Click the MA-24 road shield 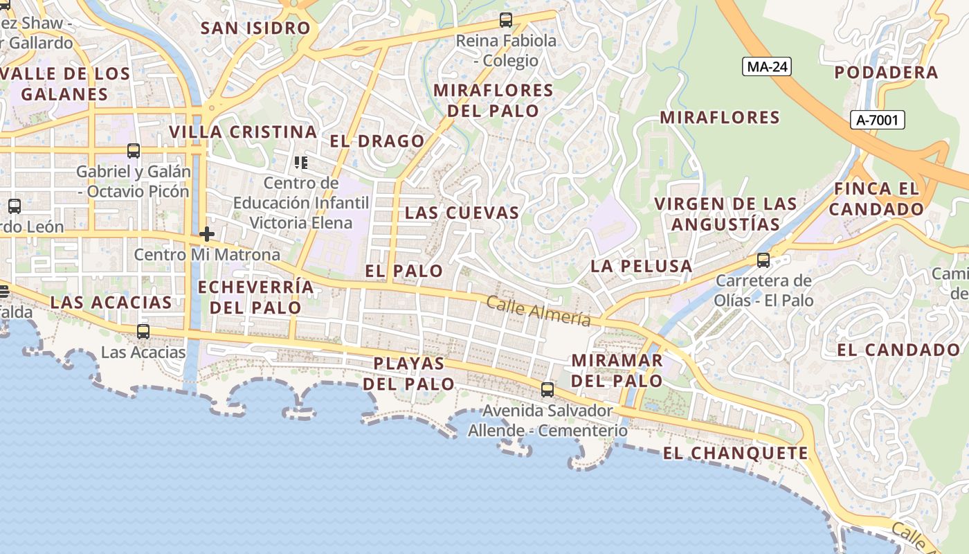(x=766, y=66)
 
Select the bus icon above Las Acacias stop (x=143, y=332)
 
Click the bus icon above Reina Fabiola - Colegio (x=506, y=20)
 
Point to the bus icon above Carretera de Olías (x=763, y=260)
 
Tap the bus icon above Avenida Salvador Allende (x=547, y=390)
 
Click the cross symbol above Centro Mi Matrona (x=206, y=234)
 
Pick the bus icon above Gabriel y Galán (x=134, y=151)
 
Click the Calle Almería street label (x=538, y=311)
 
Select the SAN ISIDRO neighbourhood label (x=255, y=28)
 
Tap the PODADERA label (x=886, y=73)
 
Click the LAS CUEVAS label (x=462, y=213)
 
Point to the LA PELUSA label (x=641, y=266)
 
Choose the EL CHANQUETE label (x=735, y=454)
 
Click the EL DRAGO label (x=377, y=141)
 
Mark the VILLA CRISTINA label (x=243, y=132)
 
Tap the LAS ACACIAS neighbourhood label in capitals (x=111, y=302)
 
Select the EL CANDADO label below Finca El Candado (x=898, y=350)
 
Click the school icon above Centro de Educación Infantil (x=300, y=163)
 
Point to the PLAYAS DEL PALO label (x=409, y=373)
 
